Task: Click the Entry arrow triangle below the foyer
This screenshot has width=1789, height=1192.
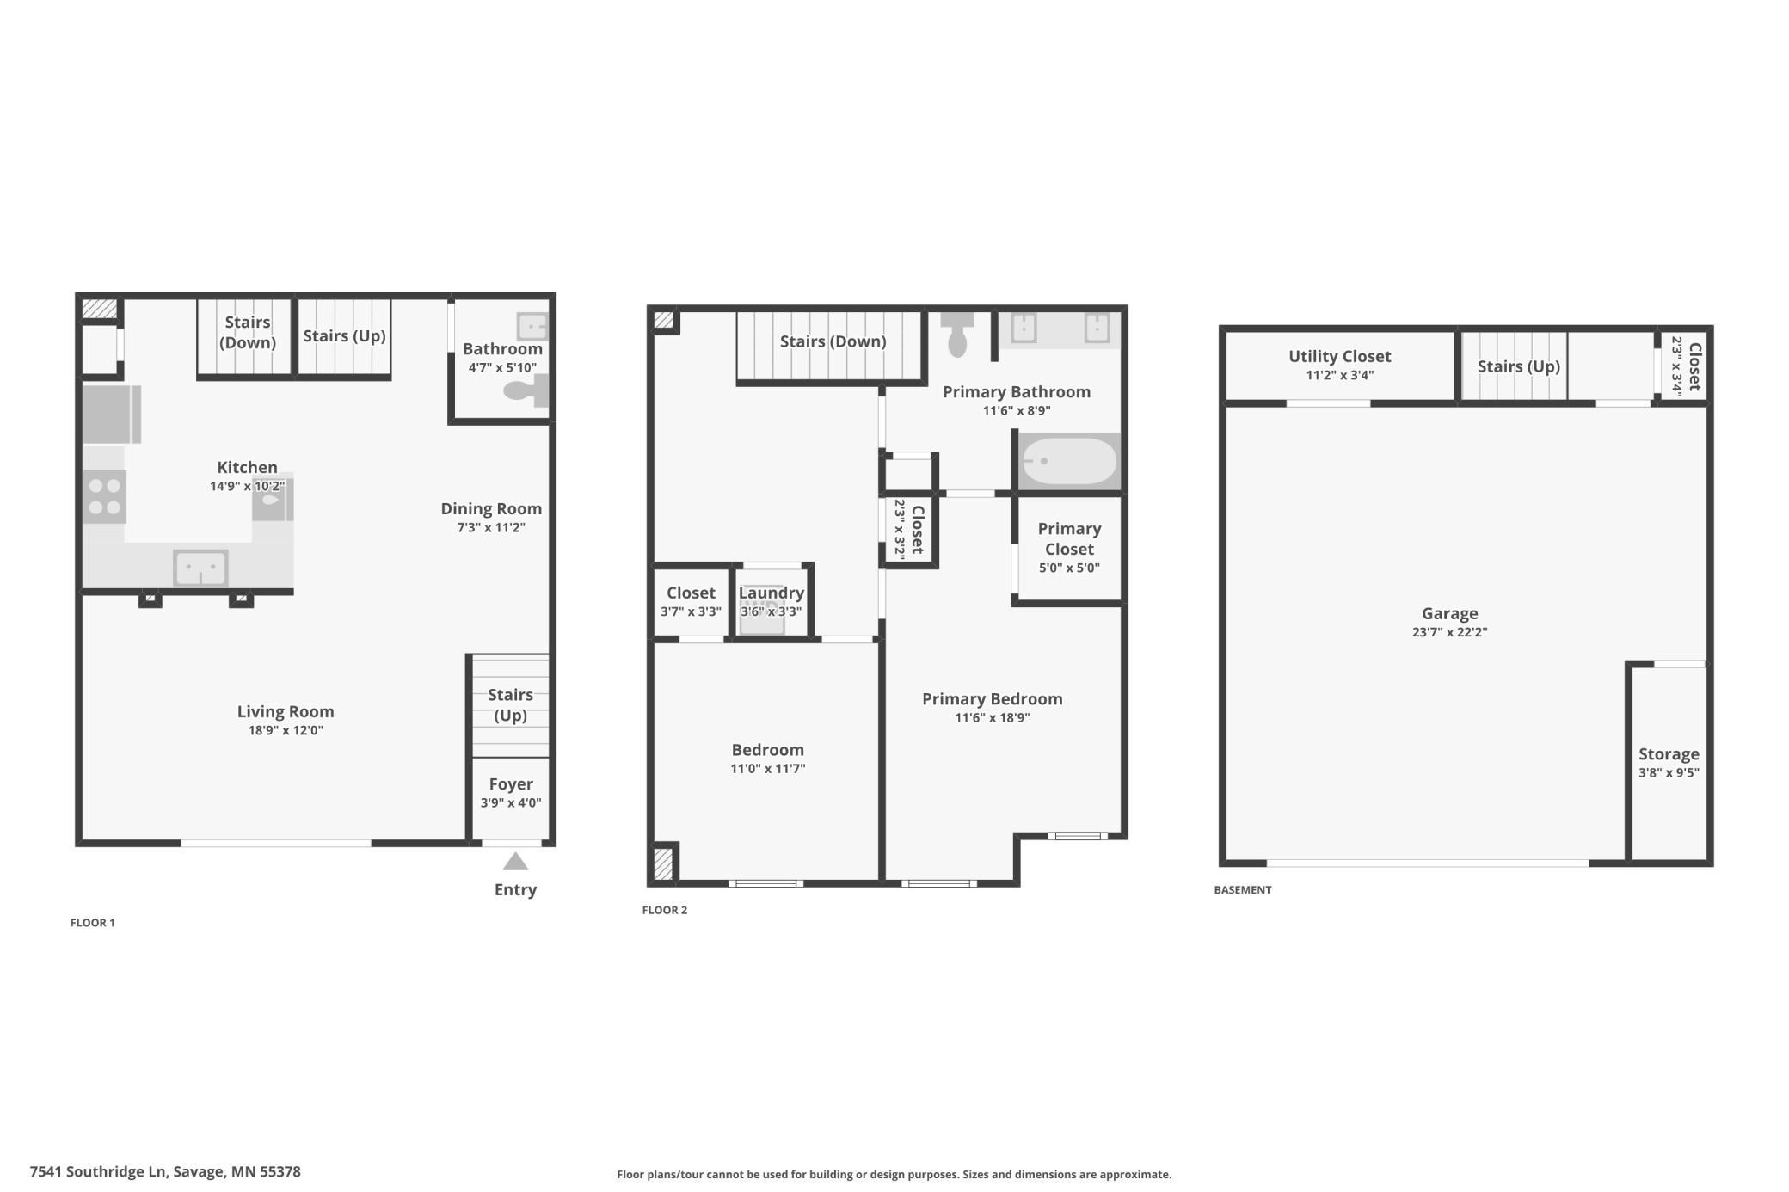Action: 515,862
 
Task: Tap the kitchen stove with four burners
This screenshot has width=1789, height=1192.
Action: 105,497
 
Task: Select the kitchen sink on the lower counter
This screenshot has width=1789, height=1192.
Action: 201,568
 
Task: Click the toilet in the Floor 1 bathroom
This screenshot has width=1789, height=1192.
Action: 526,390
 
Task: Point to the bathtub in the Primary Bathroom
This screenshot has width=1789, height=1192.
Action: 1068,461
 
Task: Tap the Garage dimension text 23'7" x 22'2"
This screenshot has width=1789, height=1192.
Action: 1449,632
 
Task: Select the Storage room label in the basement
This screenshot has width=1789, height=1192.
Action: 1669,754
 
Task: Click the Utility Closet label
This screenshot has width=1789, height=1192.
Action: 1339,356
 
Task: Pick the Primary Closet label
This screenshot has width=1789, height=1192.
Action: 1069,538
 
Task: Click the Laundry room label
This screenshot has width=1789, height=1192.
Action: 771,593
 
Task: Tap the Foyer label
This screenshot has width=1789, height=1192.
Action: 511,784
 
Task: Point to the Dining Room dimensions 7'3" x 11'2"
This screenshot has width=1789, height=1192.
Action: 491,528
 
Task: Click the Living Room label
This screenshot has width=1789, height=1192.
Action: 286,712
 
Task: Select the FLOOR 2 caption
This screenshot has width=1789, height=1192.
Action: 665,910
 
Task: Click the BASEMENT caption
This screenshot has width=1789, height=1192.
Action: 1242,890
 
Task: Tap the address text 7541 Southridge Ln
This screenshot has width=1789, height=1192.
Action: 97,1171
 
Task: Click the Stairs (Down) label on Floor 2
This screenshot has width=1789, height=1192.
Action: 833,341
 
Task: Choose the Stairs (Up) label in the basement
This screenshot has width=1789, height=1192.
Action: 1518,366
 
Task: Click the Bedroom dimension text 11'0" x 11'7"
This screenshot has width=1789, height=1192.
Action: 767,769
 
